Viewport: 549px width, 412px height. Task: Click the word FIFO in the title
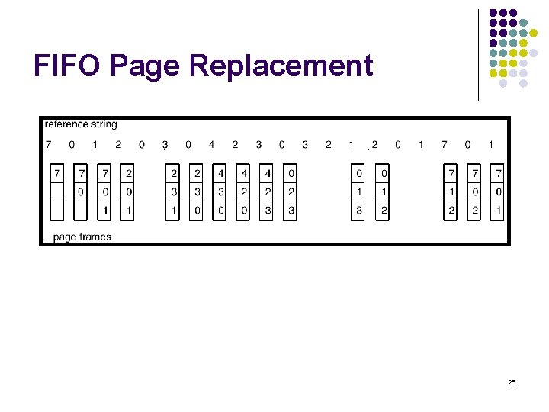click(x=66, y=66)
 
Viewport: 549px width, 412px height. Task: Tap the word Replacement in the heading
click(x=281, y=66)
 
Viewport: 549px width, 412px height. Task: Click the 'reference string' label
click(x=81, y=124)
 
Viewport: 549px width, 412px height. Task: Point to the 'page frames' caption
click(x=82, y=237)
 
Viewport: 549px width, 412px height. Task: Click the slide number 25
click(x=512, y=381)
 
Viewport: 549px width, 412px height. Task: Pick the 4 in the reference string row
click(x=211, y=144)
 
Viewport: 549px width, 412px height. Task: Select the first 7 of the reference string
click(x=49, y=144)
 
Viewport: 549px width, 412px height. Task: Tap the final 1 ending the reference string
click(x=490, y=144)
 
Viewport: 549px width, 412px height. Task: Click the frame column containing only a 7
click(x=56, y=192)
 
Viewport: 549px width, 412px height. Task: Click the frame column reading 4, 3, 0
click(x=220, y=192)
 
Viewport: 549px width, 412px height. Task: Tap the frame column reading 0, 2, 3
click(x=290, y=192)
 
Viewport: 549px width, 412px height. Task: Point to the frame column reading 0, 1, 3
click(x=358, y=192)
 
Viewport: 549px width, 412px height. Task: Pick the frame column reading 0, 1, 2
click(x=382, y=192)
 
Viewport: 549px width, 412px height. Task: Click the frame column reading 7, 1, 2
click(x=451, y=192)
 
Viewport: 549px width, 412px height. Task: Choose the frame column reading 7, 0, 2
click(x=474, y=192)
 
